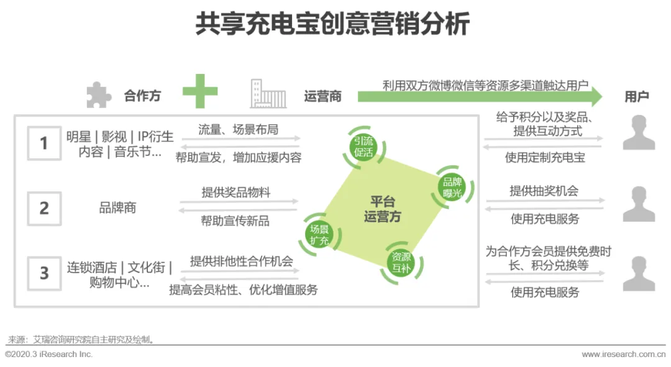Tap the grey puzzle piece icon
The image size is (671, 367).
(98, 95)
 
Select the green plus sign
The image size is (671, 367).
(200, 91)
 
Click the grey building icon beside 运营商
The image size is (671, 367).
(268, 94)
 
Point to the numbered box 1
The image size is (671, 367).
(44, 143)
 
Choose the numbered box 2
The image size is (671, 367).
(44, 208)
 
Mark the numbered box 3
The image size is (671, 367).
(44, 273)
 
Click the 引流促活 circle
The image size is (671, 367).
(364, 147)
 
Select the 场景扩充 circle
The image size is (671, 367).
(319, 235)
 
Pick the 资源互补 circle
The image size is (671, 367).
(400, 263)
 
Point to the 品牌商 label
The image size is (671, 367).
(117, 208)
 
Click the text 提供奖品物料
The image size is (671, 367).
(236, 193)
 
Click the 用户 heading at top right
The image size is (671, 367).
(637, 96)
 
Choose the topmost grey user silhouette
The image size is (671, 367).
(639, 132)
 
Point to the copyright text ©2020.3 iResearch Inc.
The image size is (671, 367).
(49, 354)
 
